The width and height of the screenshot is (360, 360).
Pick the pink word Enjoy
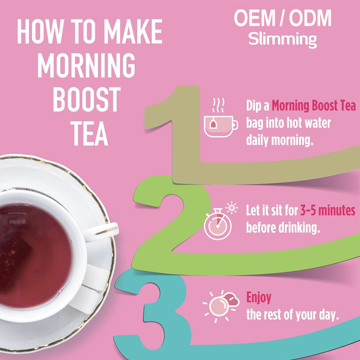pos(259,297)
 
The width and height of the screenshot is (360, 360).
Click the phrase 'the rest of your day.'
pos(292,314)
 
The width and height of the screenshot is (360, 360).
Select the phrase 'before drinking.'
pos(283,227)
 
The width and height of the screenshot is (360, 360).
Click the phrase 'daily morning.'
pos(279,140)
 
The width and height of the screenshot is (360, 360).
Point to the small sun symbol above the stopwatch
pos(232,208)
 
